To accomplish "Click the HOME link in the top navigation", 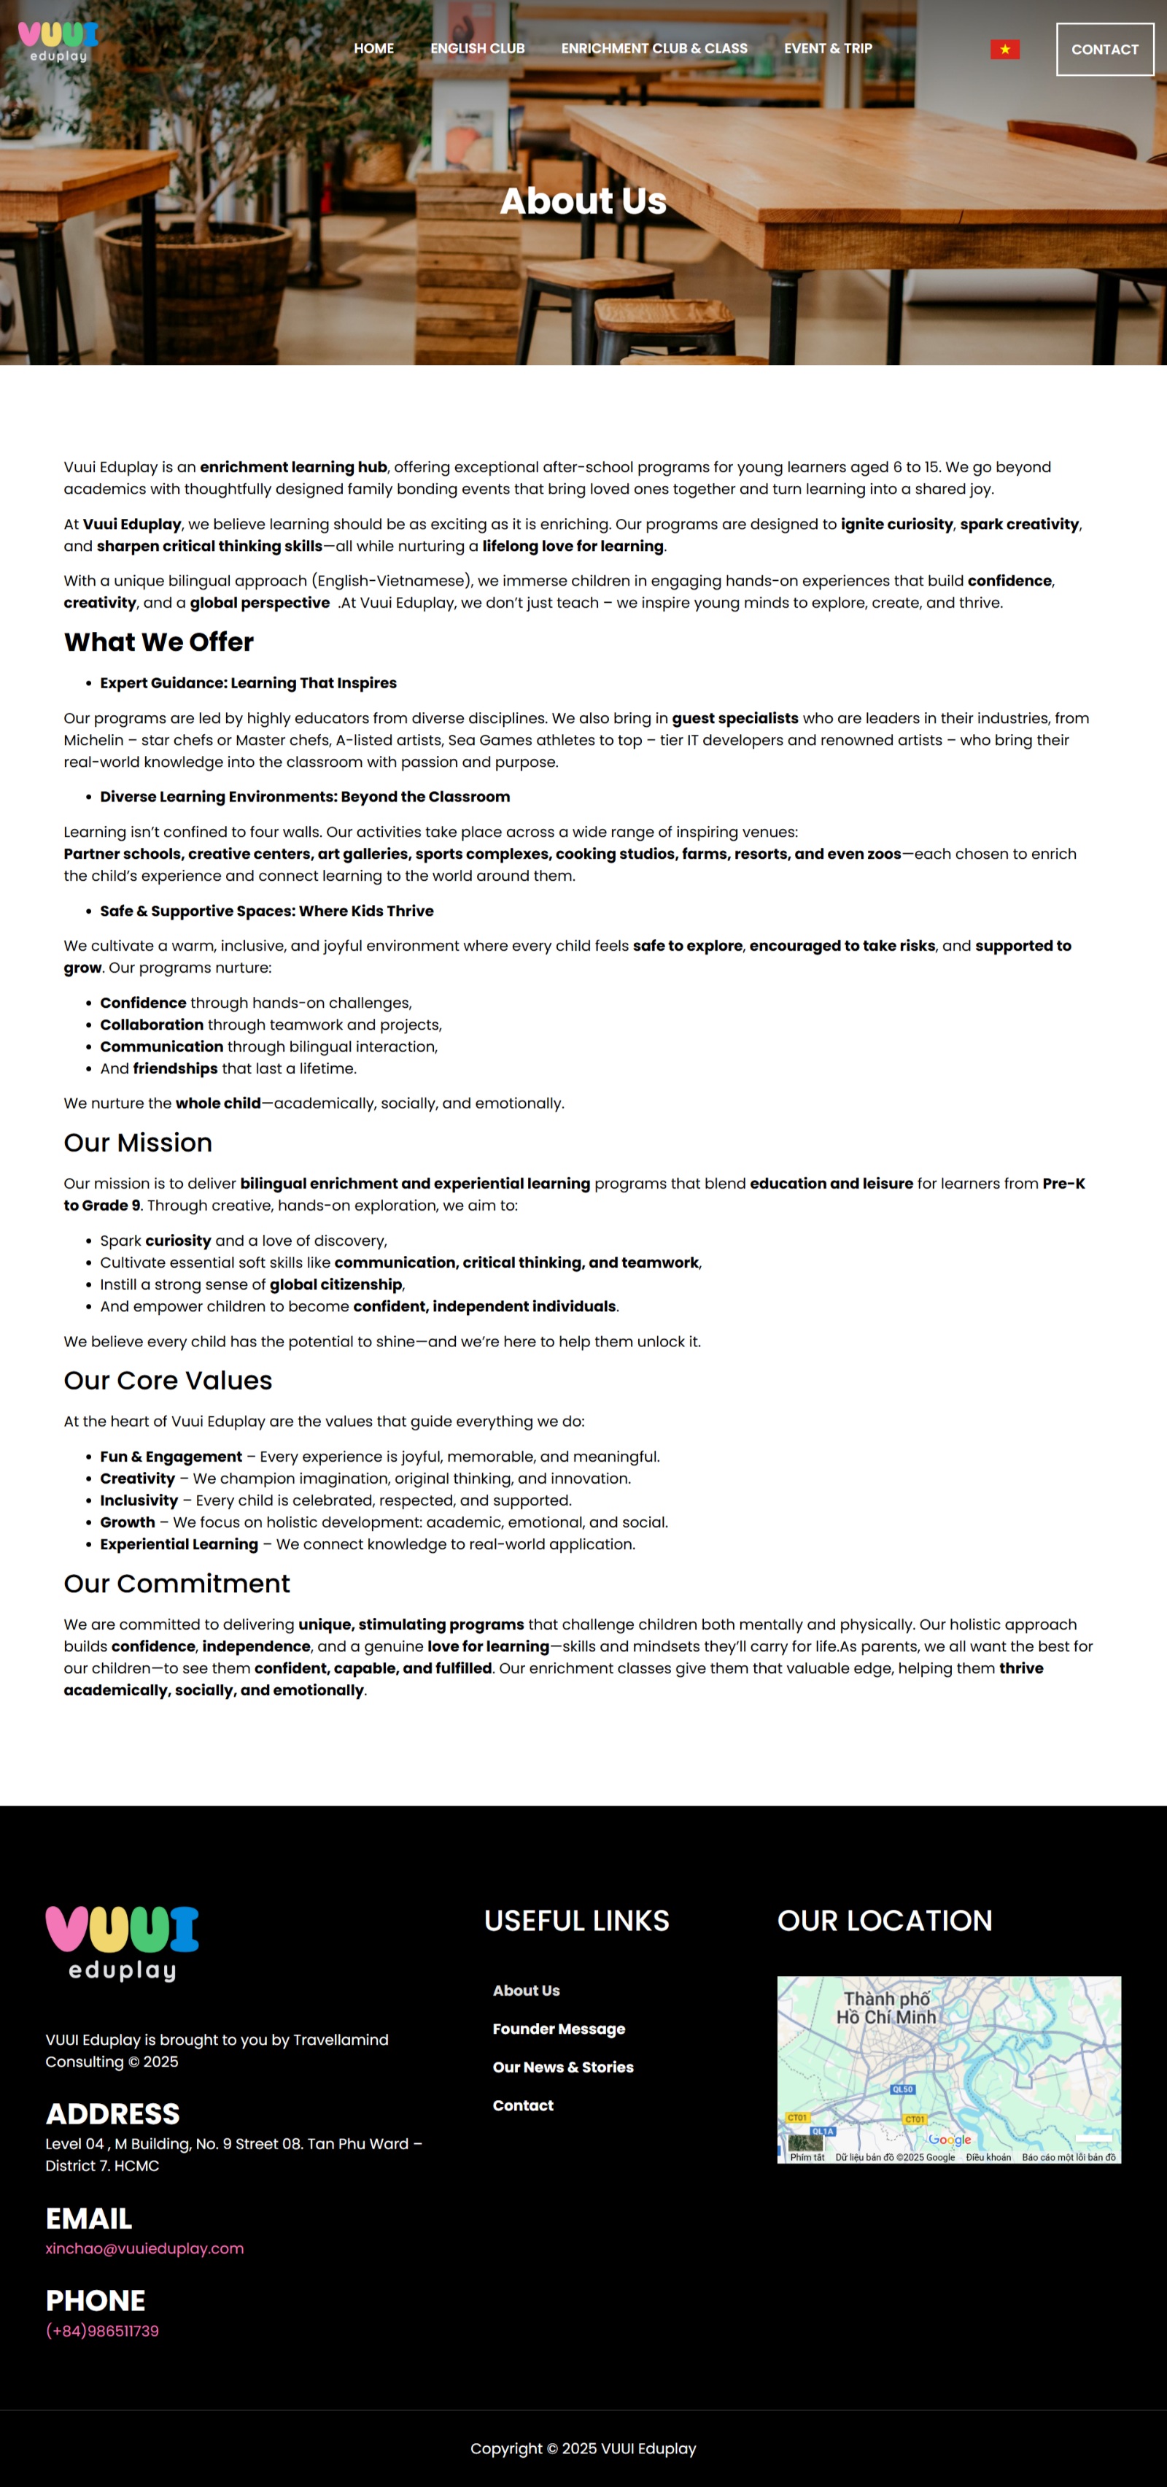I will tap(373, 48).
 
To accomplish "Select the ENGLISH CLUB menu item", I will tap(478, 48).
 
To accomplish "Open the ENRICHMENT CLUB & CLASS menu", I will tap(654, 48).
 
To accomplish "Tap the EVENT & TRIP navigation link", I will tap(827, 48).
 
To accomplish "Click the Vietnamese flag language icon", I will tap(1005, 49).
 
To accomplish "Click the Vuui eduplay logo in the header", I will tap(58, 42).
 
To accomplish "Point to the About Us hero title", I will tap(583, 201).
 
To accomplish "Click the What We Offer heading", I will tap(158, 642).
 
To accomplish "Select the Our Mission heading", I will tap(138, 1142).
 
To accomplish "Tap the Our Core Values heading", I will tap(168, 1380).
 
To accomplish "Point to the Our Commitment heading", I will tap(177, 1584).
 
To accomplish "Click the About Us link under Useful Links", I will tap(526, 1990).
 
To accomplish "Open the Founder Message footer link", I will tap(559, 2029).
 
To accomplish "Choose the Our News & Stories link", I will tap(563, 2067).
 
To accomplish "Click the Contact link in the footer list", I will tap(523, 2105).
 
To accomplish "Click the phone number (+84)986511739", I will tap(102, 2331).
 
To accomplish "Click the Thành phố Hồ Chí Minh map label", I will tap(886, 2008).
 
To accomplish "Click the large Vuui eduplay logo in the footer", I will tap(122, 1943).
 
